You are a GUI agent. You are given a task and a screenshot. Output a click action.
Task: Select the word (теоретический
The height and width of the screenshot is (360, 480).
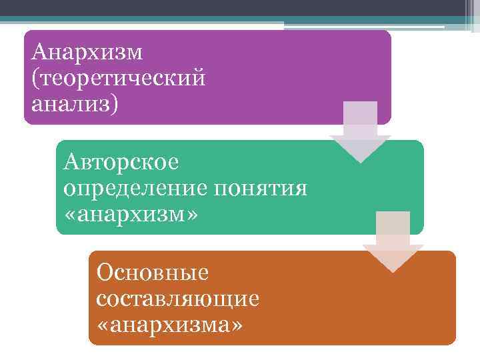click(118, 79)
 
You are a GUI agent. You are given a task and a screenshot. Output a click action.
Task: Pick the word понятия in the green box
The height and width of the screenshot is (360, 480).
click(261, 189)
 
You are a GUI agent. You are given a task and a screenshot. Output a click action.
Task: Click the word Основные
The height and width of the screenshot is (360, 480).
click(153, 272)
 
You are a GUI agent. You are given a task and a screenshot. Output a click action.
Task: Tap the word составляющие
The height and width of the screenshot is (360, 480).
click(177, 299)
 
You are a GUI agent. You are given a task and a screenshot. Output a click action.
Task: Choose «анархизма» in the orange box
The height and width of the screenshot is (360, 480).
click(170, 325)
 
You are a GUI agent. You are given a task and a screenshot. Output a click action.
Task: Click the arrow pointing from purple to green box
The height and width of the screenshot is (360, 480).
click(360, 133)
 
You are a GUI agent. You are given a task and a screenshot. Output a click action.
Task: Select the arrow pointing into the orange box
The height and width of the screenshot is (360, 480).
click(393, 243)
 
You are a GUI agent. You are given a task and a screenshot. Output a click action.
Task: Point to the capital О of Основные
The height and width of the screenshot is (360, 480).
click(105, 272)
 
